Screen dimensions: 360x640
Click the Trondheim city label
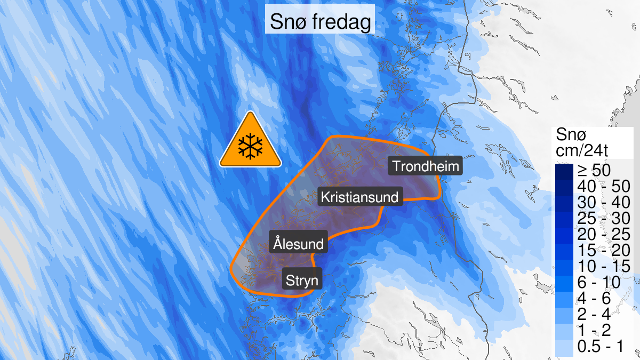pos(426,166)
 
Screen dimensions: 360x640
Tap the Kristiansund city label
pos(359,197)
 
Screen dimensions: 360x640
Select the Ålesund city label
pos(298,244)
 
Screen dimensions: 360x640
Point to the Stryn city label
pos(302,280)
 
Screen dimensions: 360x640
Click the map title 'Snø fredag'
pos(319,22)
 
